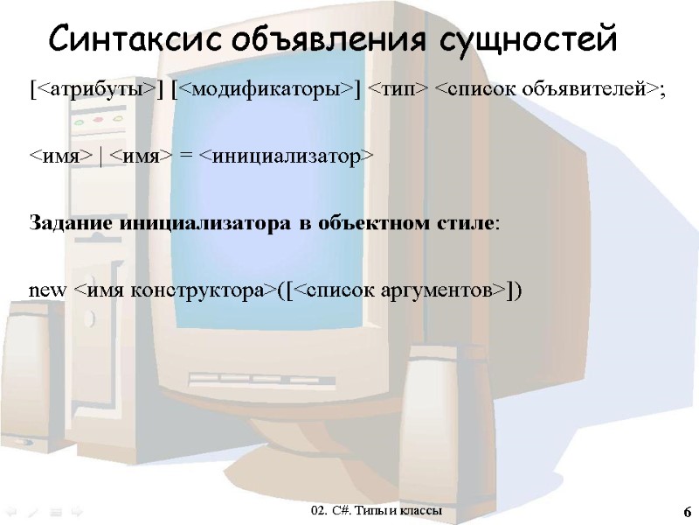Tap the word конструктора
click(x=191, y=290)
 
